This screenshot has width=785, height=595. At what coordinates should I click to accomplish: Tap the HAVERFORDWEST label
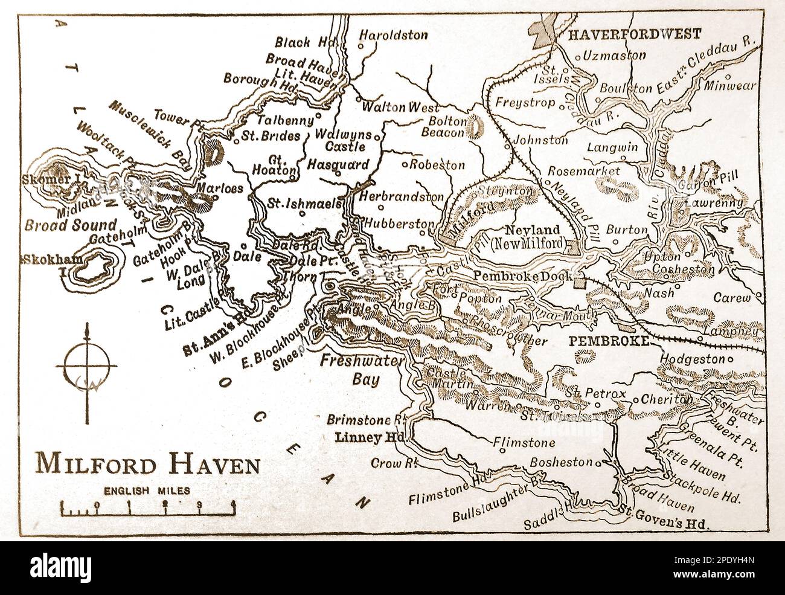click(634, 34)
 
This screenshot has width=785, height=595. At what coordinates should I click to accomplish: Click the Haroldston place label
click(393, 34)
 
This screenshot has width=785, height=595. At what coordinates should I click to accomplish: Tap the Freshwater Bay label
click(348, 371)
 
